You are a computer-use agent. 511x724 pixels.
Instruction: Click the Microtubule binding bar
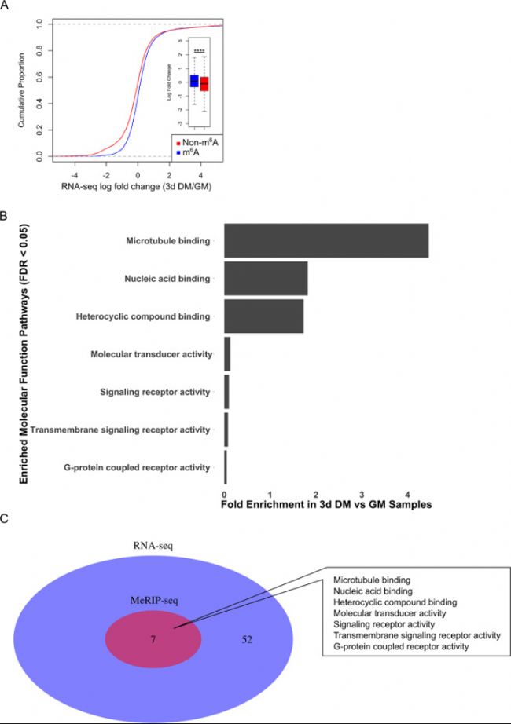325,240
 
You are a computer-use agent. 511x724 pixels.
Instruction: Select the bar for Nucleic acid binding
266,278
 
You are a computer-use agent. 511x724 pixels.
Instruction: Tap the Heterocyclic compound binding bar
263,316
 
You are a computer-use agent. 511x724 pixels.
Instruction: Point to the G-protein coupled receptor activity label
136,468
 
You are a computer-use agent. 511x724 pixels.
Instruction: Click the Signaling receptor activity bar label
155,392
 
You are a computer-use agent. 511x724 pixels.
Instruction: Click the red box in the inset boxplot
204,84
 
